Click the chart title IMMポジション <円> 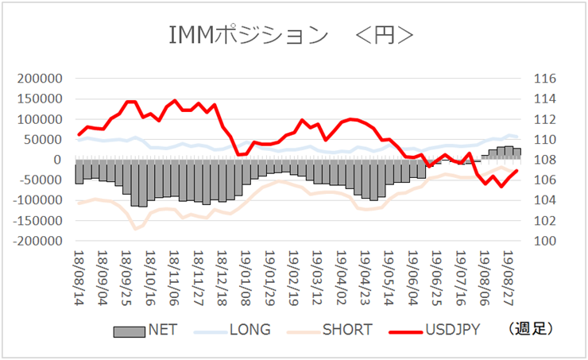pyautogui.click(x=291, y=35)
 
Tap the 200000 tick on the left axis pyautogui.click(x=40, y=79)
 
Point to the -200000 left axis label pyautogui.click(x=37, y=241)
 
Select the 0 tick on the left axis pyautogui.click(x=57, y=160)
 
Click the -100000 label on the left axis pyautogui.click(x=37, y=200)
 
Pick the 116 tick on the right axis pyautogui.click(x=545, y=79)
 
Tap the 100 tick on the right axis pyautogui.click(x=545, y=241)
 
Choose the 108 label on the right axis pyautogui.click(x=545, y=160)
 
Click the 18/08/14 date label pyautogui.click(x=79, y=278)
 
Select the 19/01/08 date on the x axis pyautogui.click(x=246, y=278)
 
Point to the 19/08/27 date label pyautogui.click(x=509, y=278)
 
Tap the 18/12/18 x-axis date pyautogui.click(x=222, y=278)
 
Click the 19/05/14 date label pyautogui.click(x=389, y=278)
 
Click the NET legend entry pyautogui.click(x=163, y=330)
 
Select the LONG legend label pyautogui.click(x=250, y=330)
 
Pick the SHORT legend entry pyautogui.click(x=347, y=330)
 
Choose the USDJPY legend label pyautogui.click(x=453, y=330)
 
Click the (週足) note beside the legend pyautogui.click(x=530, y=329)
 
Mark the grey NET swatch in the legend pyautogui.click(x=130, y=332)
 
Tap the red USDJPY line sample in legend pyautogui.click(x=406, y=332)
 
